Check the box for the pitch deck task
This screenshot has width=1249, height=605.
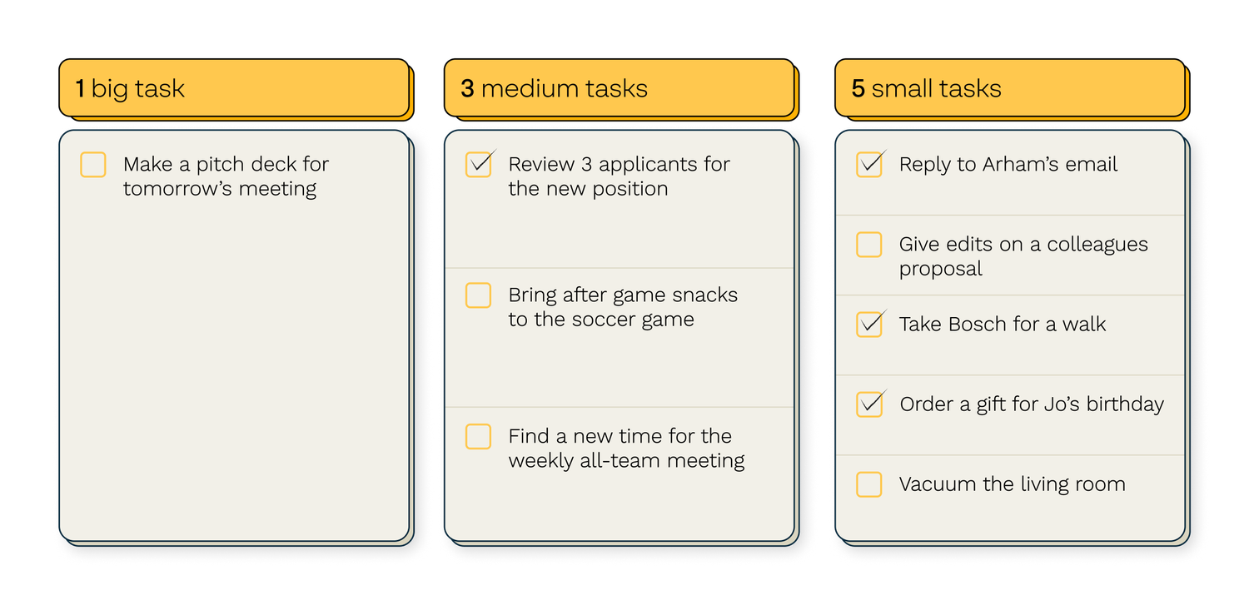pyautogui.click(x=93, y=165)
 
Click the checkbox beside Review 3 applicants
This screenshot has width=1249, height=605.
pyautogui.click(x=479, y=165)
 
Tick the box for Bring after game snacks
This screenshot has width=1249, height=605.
pyautogui.click(x=479, y=295)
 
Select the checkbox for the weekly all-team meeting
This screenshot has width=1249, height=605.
pyautogui.click(x=479, y=436)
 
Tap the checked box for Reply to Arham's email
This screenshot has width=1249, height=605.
pyautogui.click(x=869, y=165)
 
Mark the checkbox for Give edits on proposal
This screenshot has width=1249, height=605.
pyautogui.click(x=869, y=245)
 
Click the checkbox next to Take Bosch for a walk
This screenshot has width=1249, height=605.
pyautogui.click(x=869, y=325)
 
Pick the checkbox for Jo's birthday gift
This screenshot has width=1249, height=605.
pyautogui.click(x=869, y=404)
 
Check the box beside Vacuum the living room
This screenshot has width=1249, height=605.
pyautogui.click(x=869, y=484)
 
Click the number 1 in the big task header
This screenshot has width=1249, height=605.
pyautogui.click(x=80, y=88)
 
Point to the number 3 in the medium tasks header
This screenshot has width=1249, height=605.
pyautogui.click(x=467, y=88)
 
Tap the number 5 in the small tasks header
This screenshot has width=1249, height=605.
pyautogui.click(x=858, y=88)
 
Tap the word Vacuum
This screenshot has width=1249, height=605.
pyautogui.click(x=938, y=484)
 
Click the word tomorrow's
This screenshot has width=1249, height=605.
pyautogui.click(x=177, y=189)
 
